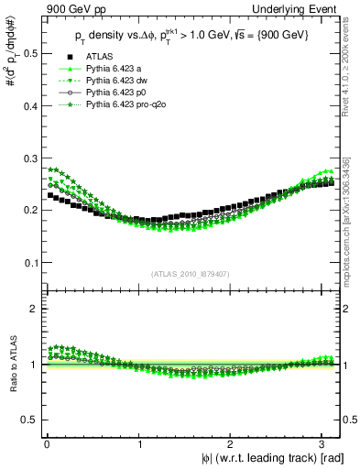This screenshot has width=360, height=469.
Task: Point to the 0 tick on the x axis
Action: pyautogui.click(x=46, y=443)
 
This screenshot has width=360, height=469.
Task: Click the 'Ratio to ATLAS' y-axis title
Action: pyautogui.click(x=11, y=365)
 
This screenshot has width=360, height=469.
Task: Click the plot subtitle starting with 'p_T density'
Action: pyautogui.click(x=192, y=34)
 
